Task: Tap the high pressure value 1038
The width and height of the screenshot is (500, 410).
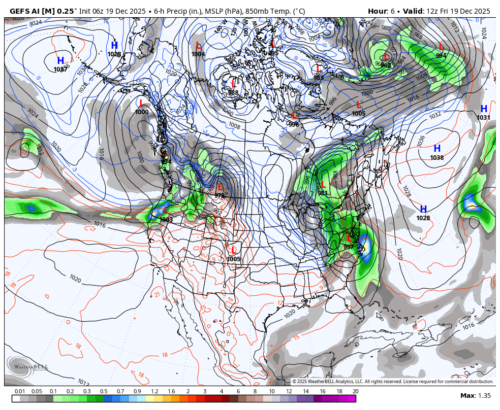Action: tap(436, 158)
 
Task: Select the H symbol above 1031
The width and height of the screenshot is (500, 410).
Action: tap(484, 109)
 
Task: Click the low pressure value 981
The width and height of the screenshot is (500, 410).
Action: tap(323, 193)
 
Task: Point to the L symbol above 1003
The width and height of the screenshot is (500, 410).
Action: tap(165, 211)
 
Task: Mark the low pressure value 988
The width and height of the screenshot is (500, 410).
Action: tap(233, 93)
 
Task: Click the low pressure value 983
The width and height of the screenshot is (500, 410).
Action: tap(319, 78)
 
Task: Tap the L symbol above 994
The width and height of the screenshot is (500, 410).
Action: tap(441, 47)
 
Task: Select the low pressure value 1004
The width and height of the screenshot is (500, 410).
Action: tap(198, 54)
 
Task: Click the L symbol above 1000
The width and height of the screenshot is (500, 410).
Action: tap(142, 103)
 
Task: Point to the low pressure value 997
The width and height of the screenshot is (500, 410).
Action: tap(348, 247)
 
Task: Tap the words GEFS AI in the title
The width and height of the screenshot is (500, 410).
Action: tap(25, 11)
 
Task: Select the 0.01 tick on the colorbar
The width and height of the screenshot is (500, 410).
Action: tap(20, 391)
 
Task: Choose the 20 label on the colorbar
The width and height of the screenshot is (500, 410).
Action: tap(355, 391)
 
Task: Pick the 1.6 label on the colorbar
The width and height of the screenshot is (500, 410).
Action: tap(171, 391)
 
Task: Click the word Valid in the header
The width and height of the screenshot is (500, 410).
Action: tap(413, 11)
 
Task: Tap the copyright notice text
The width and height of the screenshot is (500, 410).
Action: tap(393, 382)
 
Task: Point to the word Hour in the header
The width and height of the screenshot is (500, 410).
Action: tap(378, 11)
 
